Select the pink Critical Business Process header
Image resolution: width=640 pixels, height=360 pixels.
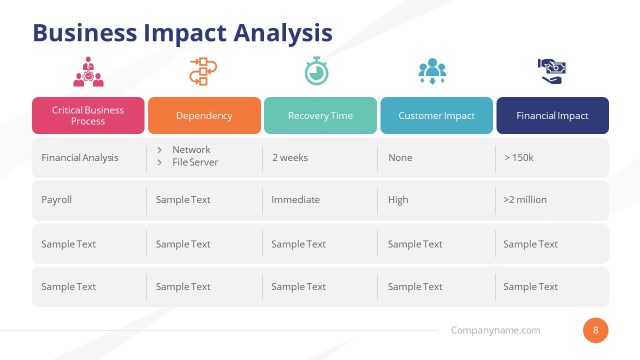88,115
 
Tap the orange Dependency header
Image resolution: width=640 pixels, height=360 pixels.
204,115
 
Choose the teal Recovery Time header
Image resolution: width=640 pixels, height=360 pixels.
320,115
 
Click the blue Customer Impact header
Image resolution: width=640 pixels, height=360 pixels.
436,115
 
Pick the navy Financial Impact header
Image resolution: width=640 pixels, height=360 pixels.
552,115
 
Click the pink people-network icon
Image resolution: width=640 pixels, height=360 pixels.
88,72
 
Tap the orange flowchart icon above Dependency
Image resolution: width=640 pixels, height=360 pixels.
203,72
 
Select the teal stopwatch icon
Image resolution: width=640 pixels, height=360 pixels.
319,72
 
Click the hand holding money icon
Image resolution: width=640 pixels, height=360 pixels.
552,70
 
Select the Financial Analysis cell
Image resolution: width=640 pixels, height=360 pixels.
80,157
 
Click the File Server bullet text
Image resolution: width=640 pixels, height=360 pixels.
195,162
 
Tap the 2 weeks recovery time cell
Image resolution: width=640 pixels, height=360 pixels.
291,157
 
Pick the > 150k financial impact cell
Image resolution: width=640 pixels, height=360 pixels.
520,157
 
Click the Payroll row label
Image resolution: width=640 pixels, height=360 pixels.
57,199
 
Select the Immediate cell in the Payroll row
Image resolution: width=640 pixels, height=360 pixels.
296,199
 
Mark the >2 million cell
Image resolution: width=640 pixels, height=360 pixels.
525,199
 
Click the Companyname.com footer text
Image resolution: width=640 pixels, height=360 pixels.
496,330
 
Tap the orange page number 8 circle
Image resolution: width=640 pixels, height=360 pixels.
596,330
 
